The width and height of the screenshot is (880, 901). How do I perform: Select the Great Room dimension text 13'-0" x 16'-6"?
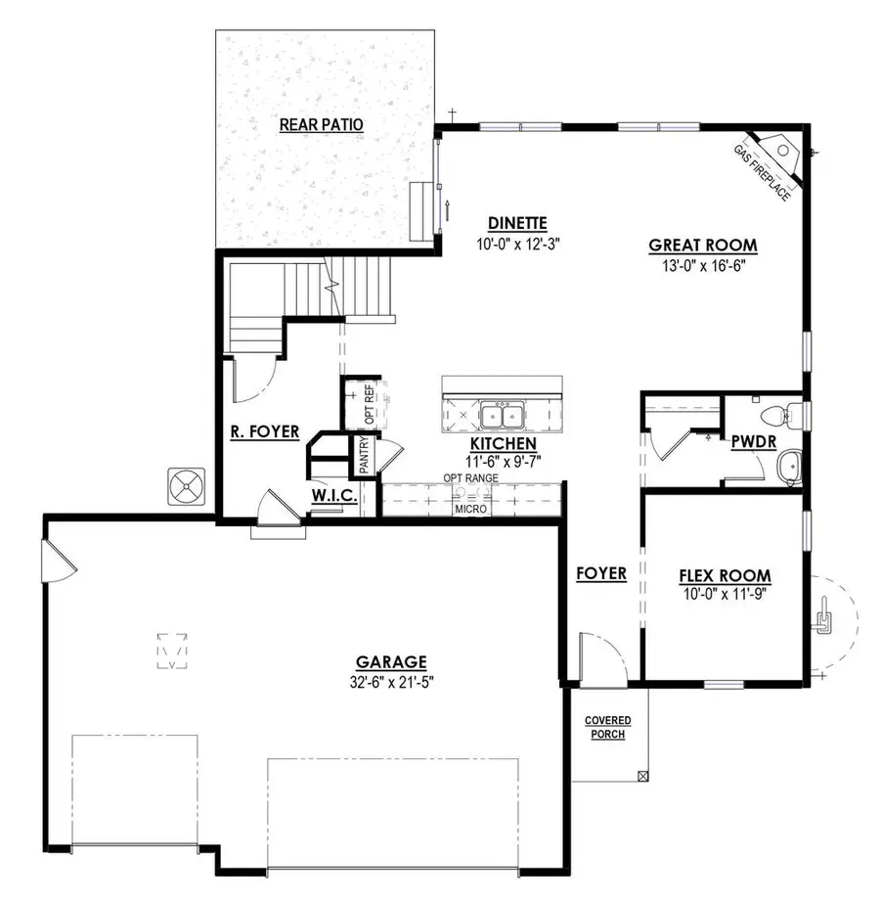[x=703, y=264]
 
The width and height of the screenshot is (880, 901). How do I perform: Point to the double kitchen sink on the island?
[x=504, y=416]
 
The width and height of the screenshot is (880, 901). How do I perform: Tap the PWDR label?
[x=753, y=441]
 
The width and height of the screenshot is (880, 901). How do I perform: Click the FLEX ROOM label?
[x=725, y=575]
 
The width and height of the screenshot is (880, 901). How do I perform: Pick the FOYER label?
[x=600, y=573]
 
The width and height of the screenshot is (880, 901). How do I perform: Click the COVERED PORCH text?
[x=608, y=727]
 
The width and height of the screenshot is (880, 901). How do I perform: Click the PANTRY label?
[x=364, y=455]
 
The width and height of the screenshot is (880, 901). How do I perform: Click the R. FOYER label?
[x=264, y=430]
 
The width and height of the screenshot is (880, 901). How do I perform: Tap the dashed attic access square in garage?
[x=173, y=650]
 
